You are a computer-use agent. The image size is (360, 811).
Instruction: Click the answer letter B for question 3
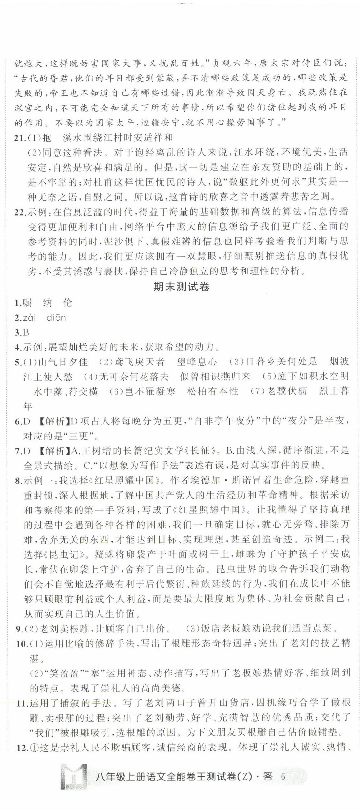(26, 332)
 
